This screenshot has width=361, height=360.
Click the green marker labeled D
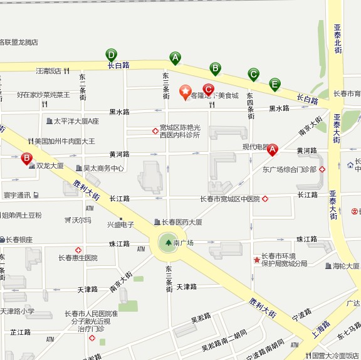point(112,55)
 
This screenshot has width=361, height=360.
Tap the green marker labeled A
point(175,58)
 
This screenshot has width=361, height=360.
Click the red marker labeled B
point(27,159)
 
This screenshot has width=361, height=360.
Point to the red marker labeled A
point(272,151)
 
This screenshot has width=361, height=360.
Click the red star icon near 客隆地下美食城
point(186,93)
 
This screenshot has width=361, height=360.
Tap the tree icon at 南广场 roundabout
point(168,242)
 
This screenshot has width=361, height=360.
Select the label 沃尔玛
point(81,220)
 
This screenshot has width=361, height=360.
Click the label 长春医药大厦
point(181,222)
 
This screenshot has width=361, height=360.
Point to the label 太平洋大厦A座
point(76,121)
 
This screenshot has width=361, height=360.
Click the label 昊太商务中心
point(103,168)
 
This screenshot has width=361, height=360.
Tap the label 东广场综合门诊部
point(289,169)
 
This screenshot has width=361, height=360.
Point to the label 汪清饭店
point(49,71)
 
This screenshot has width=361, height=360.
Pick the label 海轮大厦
point(346,266)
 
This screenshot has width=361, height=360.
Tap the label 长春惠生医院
point(78,258)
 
